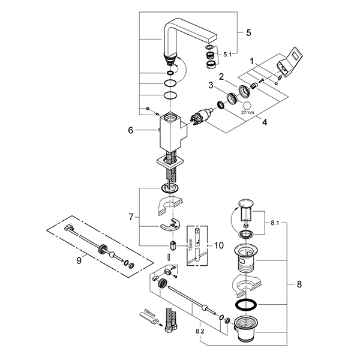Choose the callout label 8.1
pos(275,223)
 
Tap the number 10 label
pos(218,246)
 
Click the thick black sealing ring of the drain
pos(248,305)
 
